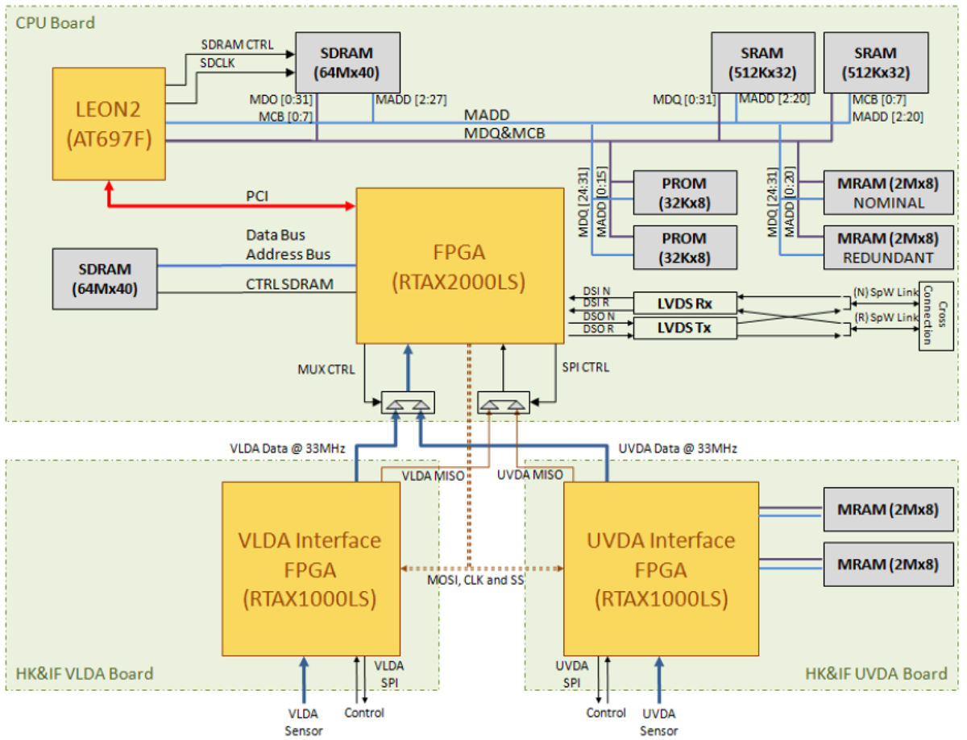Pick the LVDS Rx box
coord(685,303)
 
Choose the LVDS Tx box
coord(685,329)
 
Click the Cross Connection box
coord(934,315)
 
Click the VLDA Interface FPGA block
coord(311,569)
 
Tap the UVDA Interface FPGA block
coord(661,569)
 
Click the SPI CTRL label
coord(584,367)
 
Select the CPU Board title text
coord(55,23)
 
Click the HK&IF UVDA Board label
coord(876,674)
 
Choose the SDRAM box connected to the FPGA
coord(105,276)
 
